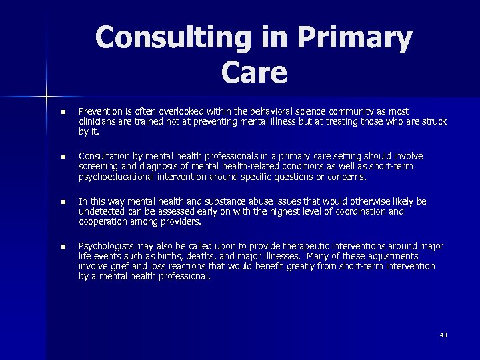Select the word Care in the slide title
pyautogui.click(x=254, y=73)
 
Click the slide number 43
pyautogui.click(x=443, y=335)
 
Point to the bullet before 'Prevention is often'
pyautogui.click(x=63, y=112)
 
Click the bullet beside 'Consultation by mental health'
pyautogui.click(x=63, y=157)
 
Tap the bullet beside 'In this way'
pyautogui.click(x=63, y=202)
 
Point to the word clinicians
pyautogui.click(x=97, y=122)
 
